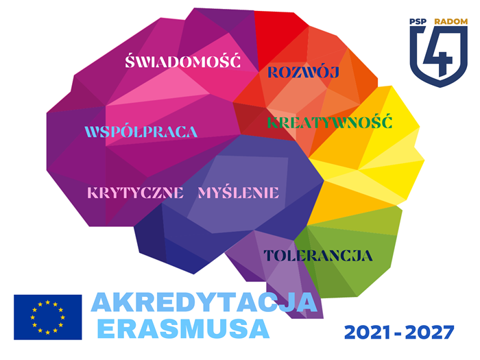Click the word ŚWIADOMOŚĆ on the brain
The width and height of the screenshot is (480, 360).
[183, 60]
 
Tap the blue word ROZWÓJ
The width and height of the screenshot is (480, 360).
[303, 72]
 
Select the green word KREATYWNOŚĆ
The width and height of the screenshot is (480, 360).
[330, 121]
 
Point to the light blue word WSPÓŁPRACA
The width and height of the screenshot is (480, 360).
[141, 132]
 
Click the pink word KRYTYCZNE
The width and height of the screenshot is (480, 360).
[135, 193]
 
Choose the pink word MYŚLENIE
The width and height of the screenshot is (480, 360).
[239, 192]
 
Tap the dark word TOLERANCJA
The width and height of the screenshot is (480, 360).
[318, 256]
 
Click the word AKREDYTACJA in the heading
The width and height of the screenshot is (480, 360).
[204, 302]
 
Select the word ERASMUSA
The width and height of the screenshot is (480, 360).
[183, 329]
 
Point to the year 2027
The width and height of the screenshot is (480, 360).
[431, 333]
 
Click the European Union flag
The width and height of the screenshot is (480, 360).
[48, 317]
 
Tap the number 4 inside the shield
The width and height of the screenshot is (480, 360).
[438, 54]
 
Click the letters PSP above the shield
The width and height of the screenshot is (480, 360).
[418, 21]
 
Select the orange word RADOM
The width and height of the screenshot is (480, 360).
[451, 21]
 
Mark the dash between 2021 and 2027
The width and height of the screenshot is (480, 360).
[399, 333]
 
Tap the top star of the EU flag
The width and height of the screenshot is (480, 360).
[48, 302]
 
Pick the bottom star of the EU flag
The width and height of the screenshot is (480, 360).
[48, 332]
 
